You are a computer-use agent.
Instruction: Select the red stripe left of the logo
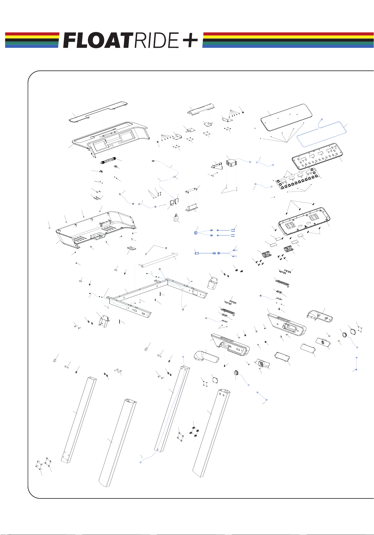[x=32, y=34]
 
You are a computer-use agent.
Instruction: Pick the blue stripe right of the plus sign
[x=288, y=46]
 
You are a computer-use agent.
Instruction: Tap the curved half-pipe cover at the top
[x=201, y=110]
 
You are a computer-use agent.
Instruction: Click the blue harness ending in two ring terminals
[x=216, y=253]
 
